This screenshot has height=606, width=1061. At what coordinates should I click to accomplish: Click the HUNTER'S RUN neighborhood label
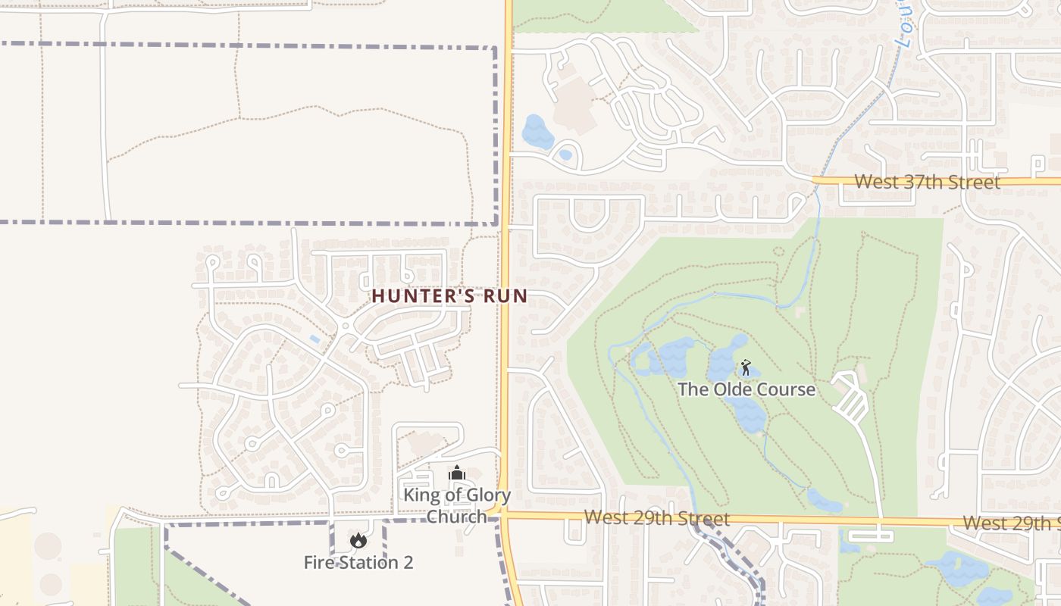(x=449, y=295)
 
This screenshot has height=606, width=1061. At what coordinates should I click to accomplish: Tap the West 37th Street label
(x=927, y=182)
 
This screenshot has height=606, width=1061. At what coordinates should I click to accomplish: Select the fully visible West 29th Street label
(x=657, y=519)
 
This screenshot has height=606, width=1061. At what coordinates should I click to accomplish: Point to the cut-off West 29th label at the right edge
(x=1011, y=523)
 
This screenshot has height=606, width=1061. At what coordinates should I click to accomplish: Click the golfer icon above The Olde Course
(x=746, y=368)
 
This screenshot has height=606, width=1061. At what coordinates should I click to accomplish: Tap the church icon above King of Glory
(x=456, y=473)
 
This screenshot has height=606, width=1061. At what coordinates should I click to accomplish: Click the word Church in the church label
(x=456, y=517)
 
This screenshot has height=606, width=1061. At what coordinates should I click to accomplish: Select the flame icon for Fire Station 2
(x=358, y=540)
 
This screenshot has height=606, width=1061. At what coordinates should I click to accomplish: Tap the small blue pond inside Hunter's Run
(x=315, y=339)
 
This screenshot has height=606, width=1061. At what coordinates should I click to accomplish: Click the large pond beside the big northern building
(x=537, y=132)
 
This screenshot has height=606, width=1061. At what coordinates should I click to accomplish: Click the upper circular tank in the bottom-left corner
(x=48, y=545)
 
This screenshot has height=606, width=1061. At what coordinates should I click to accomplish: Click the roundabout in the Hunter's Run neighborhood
(x=346, y=326)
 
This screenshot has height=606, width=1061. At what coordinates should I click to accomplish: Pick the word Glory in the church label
(x=486, y=496)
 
